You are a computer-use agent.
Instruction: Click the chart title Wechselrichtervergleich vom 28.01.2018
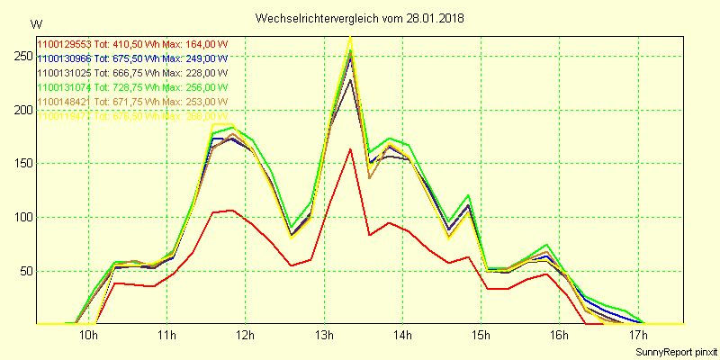point(360,18)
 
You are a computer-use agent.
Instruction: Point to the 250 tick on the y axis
point(18,56)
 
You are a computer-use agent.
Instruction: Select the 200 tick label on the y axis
point(18,110)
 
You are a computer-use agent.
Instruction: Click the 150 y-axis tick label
point(18,164)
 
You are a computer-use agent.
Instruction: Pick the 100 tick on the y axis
point(18,217)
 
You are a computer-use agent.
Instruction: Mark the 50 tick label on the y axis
point(21,271)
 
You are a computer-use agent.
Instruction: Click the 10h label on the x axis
point(88,336)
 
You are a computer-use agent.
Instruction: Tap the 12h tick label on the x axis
point(245,336)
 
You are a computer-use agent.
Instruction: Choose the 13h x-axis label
point(323,336)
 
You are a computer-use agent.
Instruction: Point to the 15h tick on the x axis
point(481,336)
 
